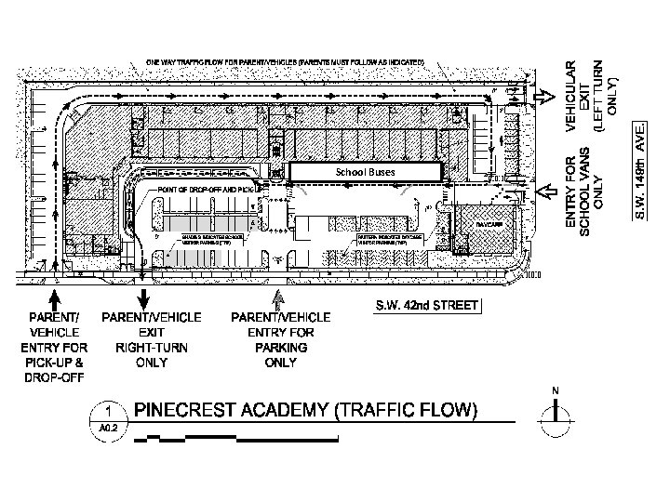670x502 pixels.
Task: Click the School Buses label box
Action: [x=364, y=172]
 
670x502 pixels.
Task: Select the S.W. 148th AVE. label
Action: [x=641, y=170]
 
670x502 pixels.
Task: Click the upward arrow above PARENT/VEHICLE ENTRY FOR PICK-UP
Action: [x=55, y=299]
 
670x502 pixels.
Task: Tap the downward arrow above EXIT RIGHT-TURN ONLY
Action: [x=143, y=298]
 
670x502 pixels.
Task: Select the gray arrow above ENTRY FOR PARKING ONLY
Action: [x=276, y=299]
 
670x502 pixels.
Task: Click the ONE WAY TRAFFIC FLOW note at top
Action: [x=285, y=62]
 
